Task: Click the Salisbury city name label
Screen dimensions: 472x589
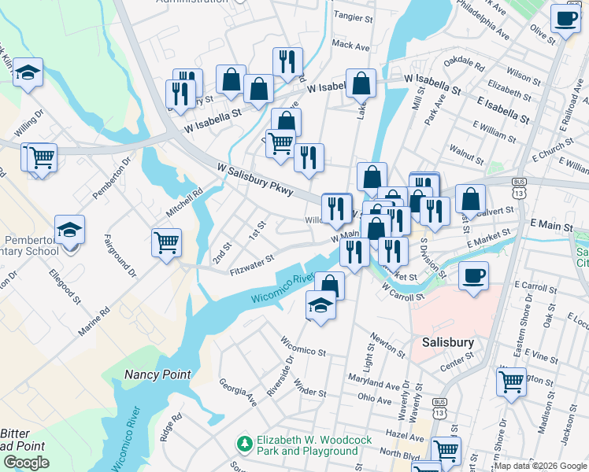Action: coord(447,342)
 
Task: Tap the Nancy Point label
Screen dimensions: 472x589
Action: coord(157,374)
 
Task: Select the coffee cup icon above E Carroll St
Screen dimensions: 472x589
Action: coord(473,276)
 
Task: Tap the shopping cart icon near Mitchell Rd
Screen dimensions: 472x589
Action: coord(166,242)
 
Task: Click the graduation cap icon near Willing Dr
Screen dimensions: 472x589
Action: coord(28,72)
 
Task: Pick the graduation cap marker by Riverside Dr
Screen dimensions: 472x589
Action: coord(321,305)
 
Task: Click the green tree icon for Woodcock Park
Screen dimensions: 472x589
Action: coord(246,445)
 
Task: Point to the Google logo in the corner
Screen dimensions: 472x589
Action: coord(26,463)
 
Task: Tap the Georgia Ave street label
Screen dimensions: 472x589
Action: coord(238,391)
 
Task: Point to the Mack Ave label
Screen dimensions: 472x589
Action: coord(350,46)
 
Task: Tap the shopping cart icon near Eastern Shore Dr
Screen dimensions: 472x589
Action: coord(511,382)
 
